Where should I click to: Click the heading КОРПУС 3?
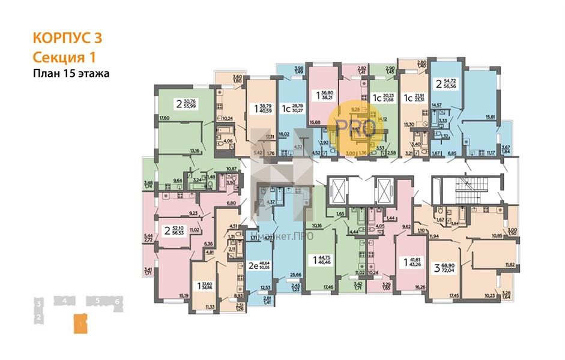tap(67, 39)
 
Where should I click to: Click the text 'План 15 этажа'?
tap(71, 73)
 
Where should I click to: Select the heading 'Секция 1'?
tap(62, 56)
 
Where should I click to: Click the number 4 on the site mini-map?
tap(62, 300)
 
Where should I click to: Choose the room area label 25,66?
tap(294, 274)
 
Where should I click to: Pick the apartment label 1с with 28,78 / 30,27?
tap(291, 109)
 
